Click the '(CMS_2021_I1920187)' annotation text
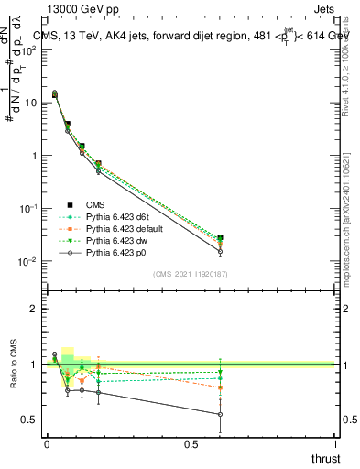coord(190,273)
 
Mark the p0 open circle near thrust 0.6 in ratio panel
coord(221,414)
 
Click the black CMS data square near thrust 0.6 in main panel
coord(221,237)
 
